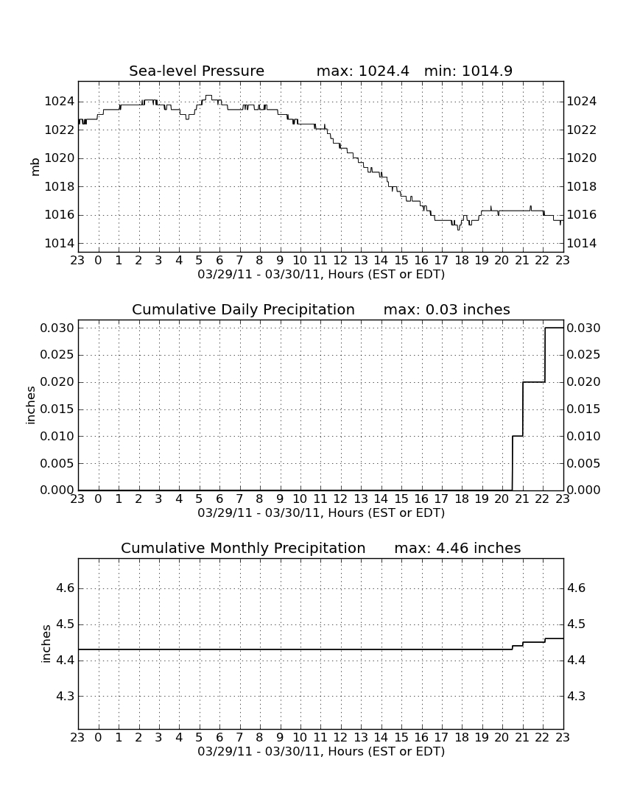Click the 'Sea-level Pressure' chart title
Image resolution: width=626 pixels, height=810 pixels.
[x=197, y=71]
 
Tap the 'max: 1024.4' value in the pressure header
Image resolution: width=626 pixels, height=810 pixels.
[x=362, y=71]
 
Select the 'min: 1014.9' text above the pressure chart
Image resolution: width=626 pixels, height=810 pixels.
[x=468, y=71]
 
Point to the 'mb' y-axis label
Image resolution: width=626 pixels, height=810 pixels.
[x=35, y=167]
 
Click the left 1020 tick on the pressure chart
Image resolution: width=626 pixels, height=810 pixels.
[x=60, y=158]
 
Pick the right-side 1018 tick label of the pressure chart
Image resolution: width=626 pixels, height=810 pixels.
[x=582, y=186]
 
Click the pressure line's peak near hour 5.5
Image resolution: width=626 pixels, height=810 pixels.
[x=208, y=96]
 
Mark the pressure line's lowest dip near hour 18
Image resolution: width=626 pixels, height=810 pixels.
[x=458, y=228]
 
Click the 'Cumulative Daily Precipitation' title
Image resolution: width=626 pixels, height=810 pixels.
[x=243, y=309]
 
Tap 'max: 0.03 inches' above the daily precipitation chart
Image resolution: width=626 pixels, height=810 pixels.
[x=447, y=309]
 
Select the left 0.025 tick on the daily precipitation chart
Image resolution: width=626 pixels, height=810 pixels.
[x=57, y=355]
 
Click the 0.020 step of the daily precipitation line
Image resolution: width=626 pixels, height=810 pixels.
[x=533, y=382]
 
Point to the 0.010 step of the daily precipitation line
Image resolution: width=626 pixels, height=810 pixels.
[x=517, y=436]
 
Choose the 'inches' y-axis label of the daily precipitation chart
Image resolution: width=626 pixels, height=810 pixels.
[x=31, y=406]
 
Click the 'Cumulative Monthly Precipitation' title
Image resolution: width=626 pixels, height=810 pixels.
[x=243, y=548]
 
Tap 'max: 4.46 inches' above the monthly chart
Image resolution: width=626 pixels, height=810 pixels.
[x=457, y=548]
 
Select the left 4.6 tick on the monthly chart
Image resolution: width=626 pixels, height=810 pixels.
[x=65, y=588]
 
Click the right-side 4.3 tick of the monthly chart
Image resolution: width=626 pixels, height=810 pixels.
[x=577, y=697]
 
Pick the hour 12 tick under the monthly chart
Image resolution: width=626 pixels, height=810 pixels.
[x=340, y=737]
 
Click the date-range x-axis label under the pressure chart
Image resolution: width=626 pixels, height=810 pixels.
[x=321, y=275]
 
